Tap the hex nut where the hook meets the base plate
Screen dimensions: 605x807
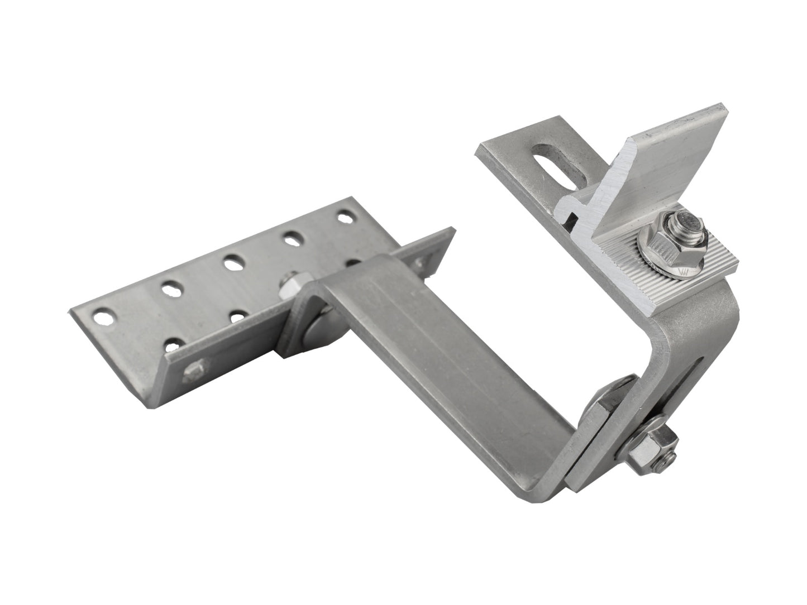290,285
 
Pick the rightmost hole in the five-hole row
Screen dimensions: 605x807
345,215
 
